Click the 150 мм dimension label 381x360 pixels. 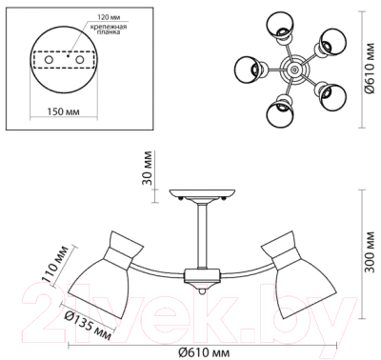point(64,111)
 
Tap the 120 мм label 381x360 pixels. point(109,16)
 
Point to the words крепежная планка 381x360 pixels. point(109,29)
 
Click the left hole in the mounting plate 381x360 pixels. point(49,60)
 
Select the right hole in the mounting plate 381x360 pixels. point(79,60)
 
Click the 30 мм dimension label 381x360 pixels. point(147,169)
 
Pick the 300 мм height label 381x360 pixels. point(369,253)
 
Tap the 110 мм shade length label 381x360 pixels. point(56,264)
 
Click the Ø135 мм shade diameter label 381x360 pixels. point(88,324)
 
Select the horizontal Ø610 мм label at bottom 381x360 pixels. point(204,352)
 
